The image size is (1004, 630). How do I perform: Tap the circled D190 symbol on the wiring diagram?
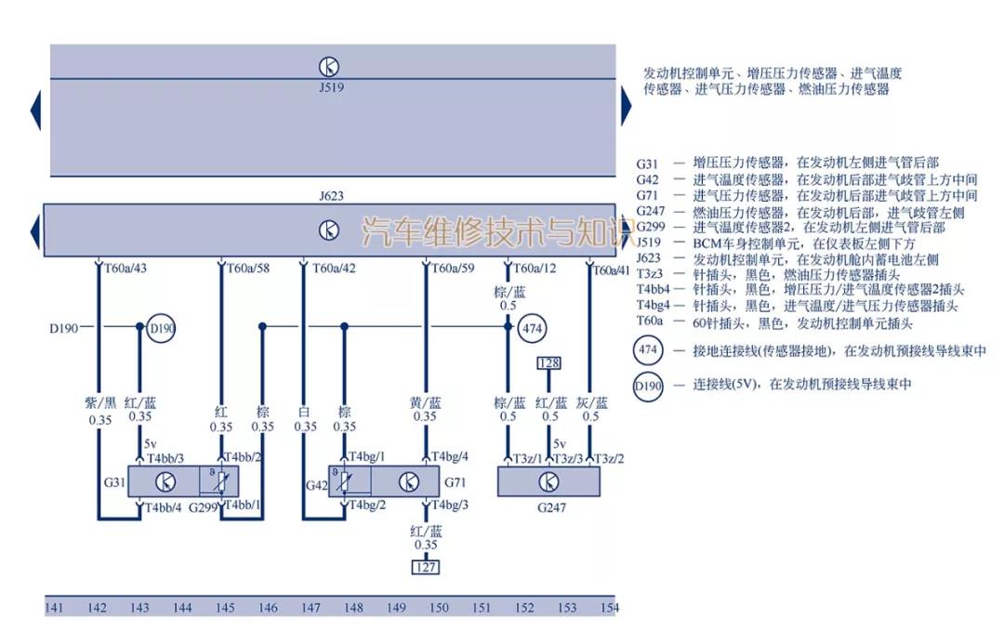tap(162, 328)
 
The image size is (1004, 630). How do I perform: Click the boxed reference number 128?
tap(548, 362)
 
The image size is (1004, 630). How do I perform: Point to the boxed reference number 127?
tap(426, 567)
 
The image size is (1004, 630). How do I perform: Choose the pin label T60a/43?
tap(125, 269)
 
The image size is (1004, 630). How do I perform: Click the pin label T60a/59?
tap(454, 269)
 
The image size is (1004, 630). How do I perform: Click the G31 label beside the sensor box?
tap(113, 482)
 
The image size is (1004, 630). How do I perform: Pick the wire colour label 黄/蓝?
tap(426, 402)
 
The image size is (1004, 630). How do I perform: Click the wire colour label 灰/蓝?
tap(591, 402)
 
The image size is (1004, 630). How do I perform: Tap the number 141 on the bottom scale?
tap(54, 608)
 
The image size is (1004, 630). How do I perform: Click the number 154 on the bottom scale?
tap(609, 608)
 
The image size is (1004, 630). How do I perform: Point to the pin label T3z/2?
tap(608, 458)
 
